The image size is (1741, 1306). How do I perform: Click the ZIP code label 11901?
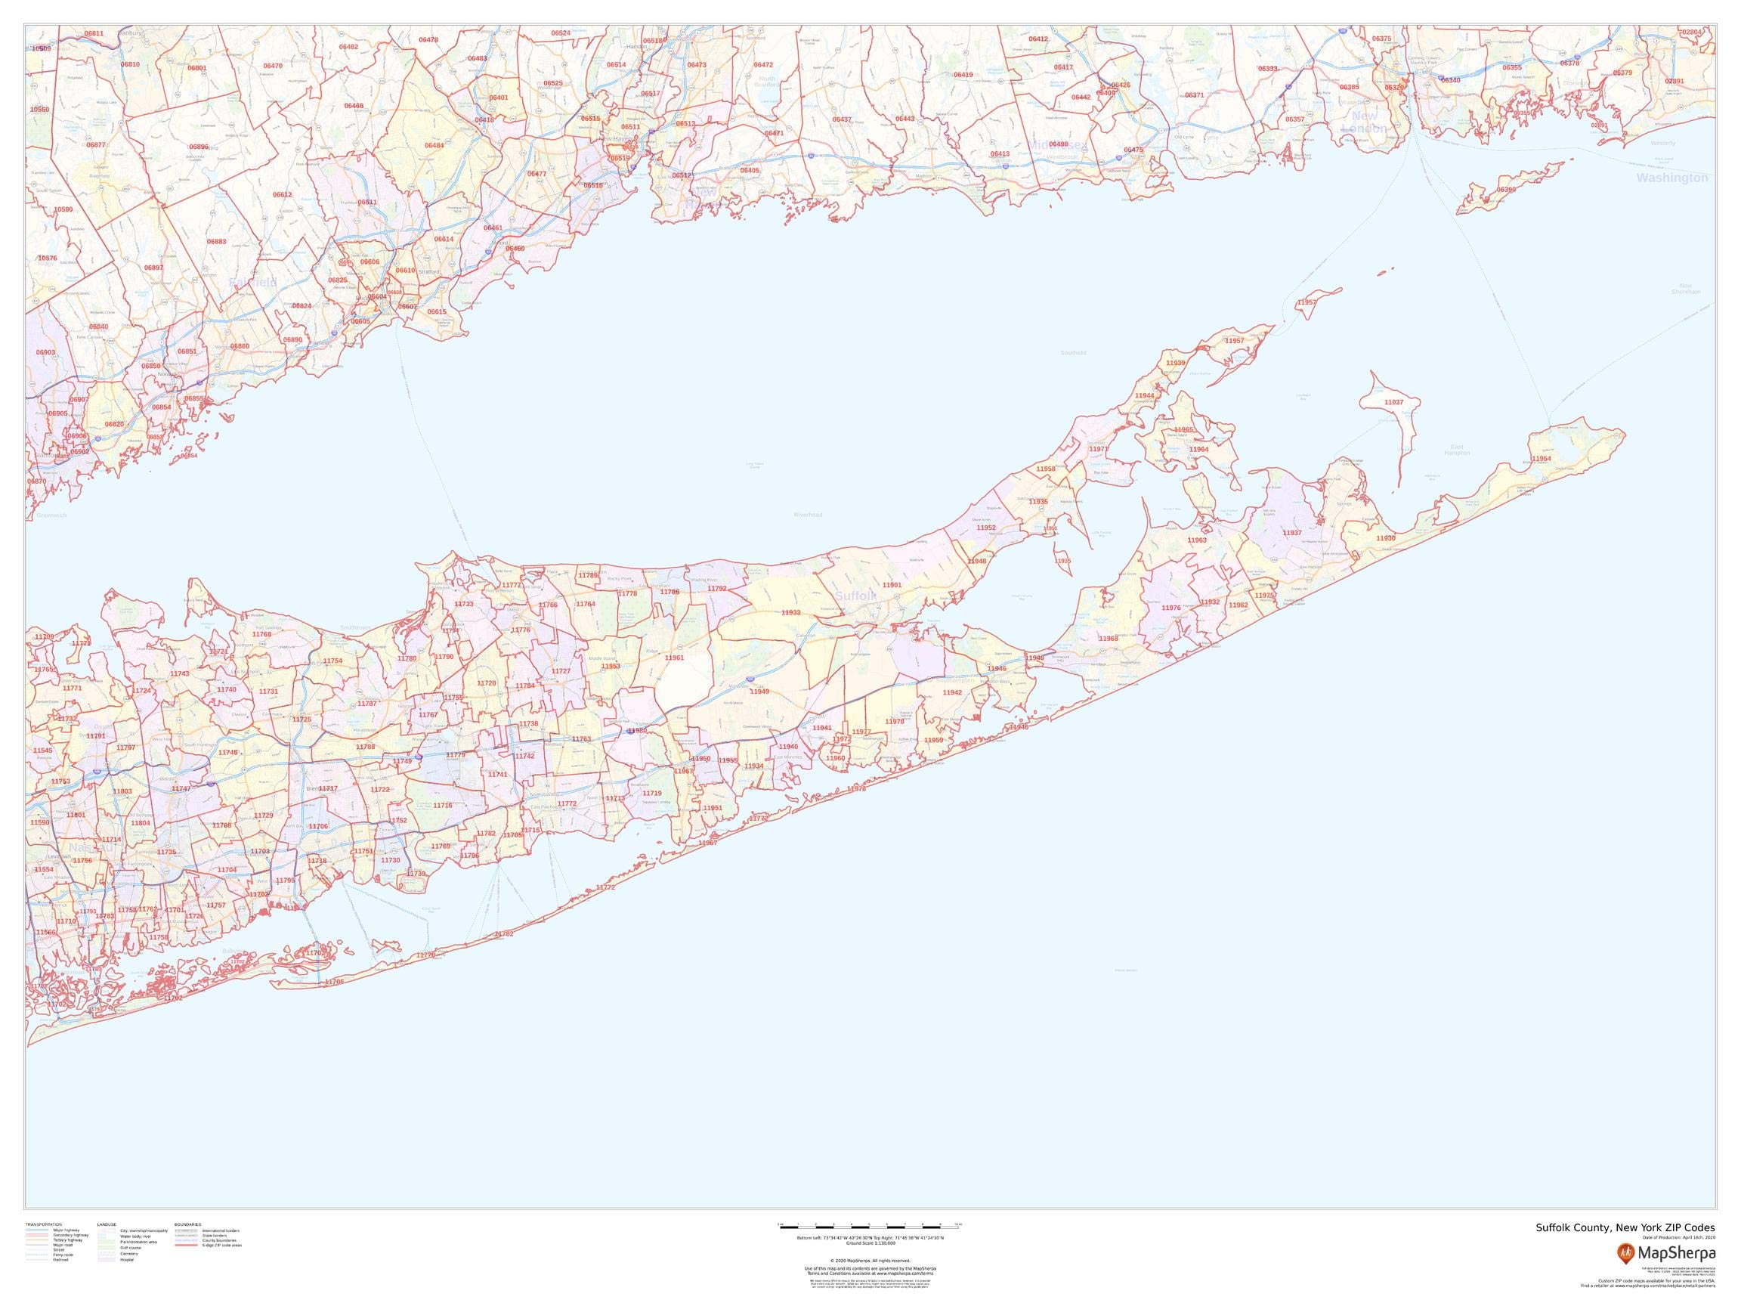892,586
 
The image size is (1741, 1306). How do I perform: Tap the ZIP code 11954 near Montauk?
1541,459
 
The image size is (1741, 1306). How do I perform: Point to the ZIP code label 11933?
791,612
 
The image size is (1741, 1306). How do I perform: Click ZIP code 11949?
759,692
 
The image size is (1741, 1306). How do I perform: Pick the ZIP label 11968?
1109,639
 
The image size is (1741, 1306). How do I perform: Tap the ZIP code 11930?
1386,538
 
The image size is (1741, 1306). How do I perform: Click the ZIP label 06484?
434,146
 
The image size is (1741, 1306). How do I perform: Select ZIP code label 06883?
216,242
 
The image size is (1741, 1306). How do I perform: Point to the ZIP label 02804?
1691,32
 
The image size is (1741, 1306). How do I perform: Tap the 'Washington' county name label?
1671,178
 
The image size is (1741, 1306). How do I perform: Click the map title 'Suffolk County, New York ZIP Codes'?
1625,1228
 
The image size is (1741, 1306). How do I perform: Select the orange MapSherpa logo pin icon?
1625,1252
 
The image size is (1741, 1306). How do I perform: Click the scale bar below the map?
870,1226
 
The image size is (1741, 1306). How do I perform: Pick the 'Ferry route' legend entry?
63,1255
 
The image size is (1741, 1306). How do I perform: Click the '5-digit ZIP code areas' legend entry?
222,1246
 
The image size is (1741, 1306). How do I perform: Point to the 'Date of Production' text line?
1678,1237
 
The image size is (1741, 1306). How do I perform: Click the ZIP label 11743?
179,674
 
